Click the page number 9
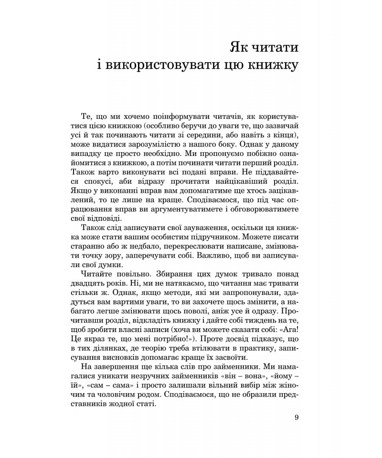tap(297, 418)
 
